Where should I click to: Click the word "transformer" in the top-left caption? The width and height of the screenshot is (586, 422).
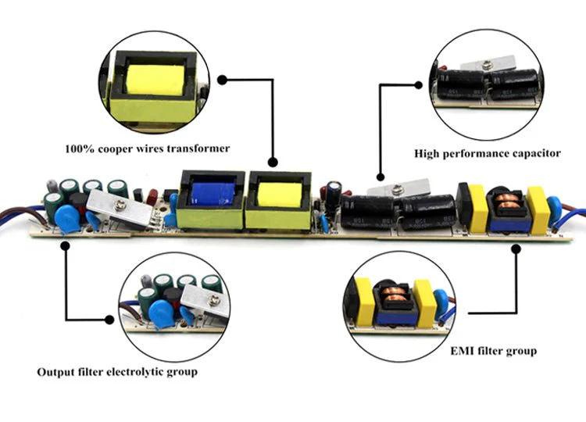click(x=198, y=148)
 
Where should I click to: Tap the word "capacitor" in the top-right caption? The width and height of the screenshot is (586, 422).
click(x=537, y=154)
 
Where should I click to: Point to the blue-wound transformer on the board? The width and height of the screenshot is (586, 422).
click(x=211, y=199)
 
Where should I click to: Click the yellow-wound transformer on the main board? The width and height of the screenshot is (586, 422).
click(x=278, y=200)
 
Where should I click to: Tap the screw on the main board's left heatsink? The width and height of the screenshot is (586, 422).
click(x=120, y=205)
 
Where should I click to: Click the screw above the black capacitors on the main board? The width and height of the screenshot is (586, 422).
click(x=396, y=191)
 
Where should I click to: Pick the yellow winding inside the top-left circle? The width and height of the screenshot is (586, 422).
click(x=155, y=80)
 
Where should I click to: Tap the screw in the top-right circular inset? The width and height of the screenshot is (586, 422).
click(x=485, y=65)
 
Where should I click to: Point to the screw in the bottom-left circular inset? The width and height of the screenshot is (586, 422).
click(x=214, y=299)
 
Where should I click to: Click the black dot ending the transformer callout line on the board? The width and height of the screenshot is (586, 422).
click(x=273, y=163)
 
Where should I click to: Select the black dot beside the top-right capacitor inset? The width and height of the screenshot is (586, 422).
click(x=419, y=85)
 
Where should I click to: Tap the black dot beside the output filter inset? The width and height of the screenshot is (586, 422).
click(x=109, y=320)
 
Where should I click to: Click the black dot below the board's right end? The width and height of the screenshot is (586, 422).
click(x=516, y=249)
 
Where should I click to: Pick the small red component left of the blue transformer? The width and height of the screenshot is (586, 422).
click(x=152, y=197)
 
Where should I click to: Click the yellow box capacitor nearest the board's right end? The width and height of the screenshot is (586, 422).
click(x=538, y=210)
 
